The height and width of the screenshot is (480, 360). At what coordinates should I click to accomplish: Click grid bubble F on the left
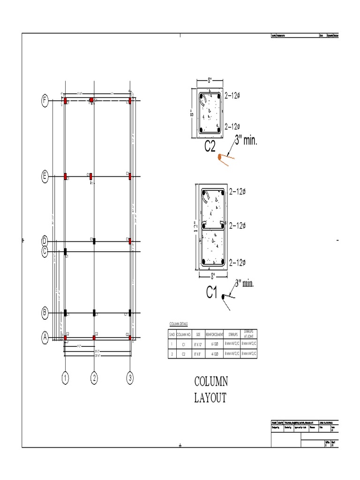point(45,100)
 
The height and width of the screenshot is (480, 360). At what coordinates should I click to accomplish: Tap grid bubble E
point(45,176)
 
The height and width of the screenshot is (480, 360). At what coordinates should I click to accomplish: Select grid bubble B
point(45,312)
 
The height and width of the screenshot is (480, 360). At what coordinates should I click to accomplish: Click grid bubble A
point(45,337)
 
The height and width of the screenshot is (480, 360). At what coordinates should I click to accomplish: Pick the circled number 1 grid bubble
point(66,377)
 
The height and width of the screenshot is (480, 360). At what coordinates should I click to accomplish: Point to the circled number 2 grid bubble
point(95,377)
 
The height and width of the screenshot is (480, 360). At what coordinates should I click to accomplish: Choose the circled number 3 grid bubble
point(130,377)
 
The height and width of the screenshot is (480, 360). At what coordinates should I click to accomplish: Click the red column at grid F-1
point(66,100)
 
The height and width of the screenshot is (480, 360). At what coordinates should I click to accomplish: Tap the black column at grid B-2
point(95,312)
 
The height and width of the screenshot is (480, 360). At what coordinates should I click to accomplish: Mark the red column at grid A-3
point(130,337)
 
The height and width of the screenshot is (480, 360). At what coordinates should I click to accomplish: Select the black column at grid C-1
point(66,252)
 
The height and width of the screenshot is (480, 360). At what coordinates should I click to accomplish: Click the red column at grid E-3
point(130,176)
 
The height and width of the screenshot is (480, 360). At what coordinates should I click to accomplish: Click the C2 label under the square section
point(210,147)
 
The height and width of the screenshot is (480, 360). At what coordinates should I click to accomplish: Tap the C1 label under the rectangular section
point(212,292)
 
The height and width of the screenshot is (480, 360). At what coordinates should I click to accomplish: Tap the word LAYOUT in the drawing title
point(210,398)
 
